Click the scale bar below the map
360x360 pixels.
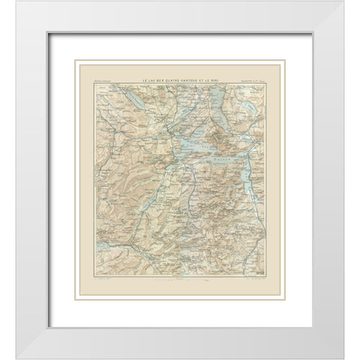[180, 280]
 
